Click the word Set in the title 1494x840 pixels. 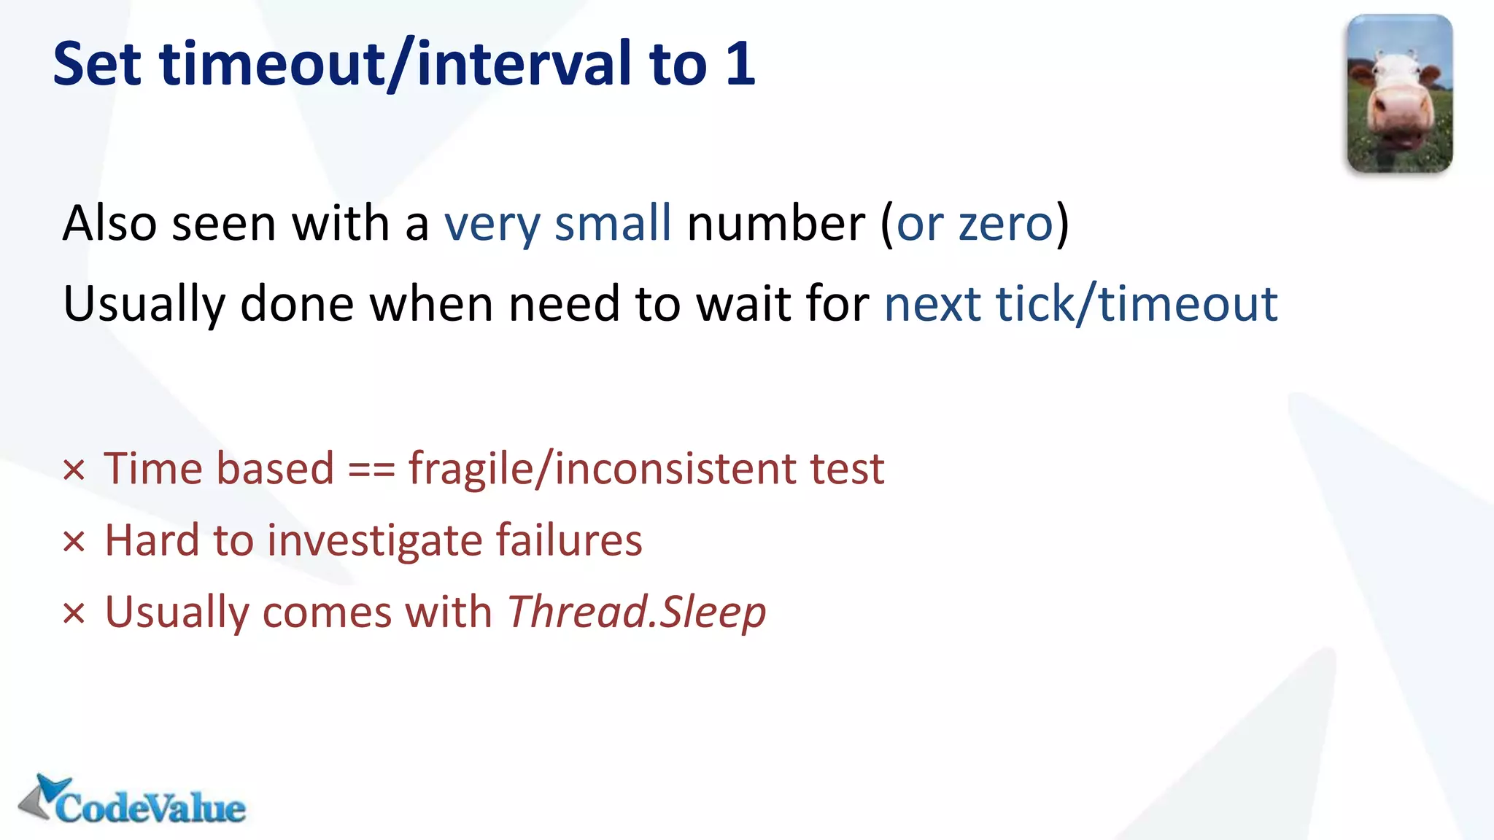[96, 64]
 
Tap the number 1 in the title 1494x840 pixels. [740, 64]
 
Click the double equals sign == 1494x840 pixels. [371, 469]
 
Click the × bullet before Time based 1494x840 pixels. [74, 470]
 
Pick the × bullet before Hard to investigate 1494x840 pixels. [74, 542]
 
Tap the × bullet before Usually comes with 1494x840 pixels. [74, 614]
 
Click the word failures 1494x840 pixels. [569, 540]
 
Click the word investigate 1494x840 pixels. [373, 542]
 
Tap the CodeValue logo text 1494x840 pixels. [150, 808]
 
